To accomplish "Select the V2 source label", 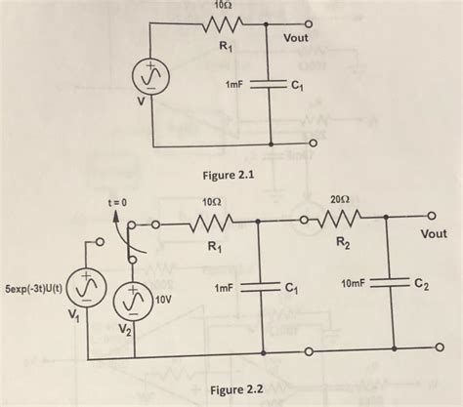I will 122,331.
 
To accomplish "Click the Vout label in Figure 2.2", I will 434,234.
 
